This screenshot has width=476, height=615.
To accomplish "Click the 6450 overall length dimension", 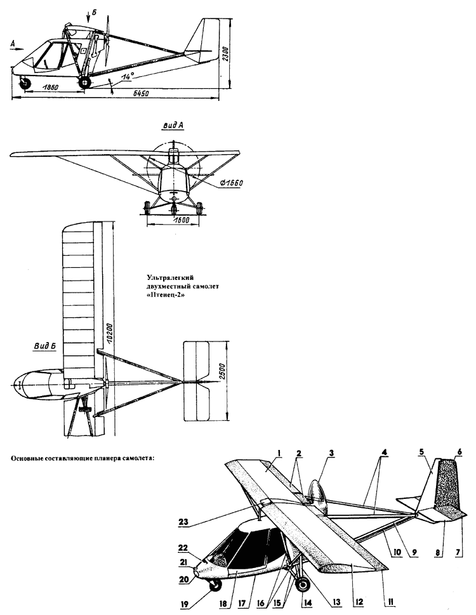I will [141, 95].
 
